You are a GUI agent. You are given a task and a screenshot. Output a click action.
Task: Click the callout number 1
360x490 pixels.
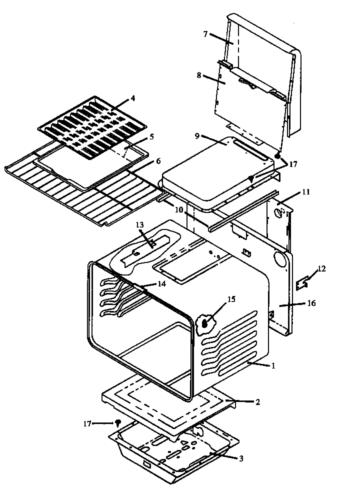273,366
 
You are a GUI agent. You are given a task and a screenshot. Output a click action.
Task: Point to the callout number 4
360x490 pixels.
132,98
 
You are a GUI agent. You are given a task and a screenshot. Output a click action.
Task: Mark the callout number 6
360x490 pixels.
158,160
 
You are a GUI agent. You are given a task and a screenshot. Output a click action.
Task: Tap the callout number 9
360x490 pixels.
198,135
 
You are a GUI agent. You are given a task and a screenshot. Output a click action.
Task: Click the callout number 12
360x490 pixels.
321,269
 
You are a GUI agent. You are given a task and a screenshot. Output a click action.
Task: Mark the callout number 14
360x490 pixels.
161,283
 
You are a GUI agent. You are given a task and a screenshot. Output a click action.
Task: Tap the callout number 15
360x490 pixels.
231,299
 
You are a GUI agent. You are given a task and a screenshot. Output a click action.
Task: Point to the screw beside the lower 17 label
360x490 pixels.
118,423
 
